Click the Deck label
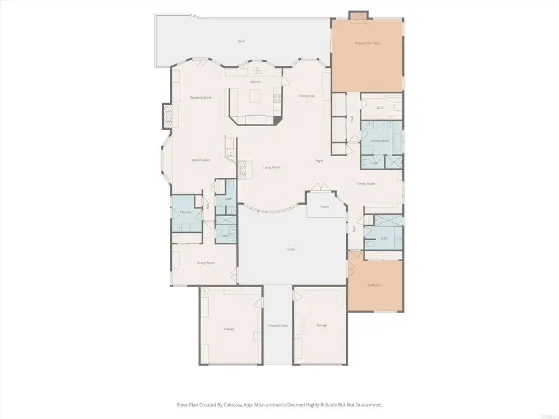tap(241, 41)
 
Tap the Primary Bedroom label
tap(367, 43)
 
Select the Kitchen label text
tap(255, 82)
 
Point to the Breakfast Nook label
tap(200, 98)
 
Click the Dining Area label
tap(306, 96)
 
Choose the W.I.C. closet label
tap(380, 107)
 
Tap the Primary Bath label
tap(379, 141)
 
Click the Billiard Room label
tap(200, 160)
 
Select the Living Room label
tap(271, 167)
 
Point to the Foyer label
tap(319, 161)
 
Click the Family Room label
tap(366, 184)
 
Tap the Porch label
tap(325, 207)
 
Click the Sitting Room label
tap(206, 263)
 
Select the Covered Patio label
tap(277, 326)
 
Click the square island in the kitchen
tap(255, 97)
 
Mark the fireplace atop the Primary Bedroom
tap(359, 16)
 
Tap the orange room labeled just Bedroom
tap(374, 285)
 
